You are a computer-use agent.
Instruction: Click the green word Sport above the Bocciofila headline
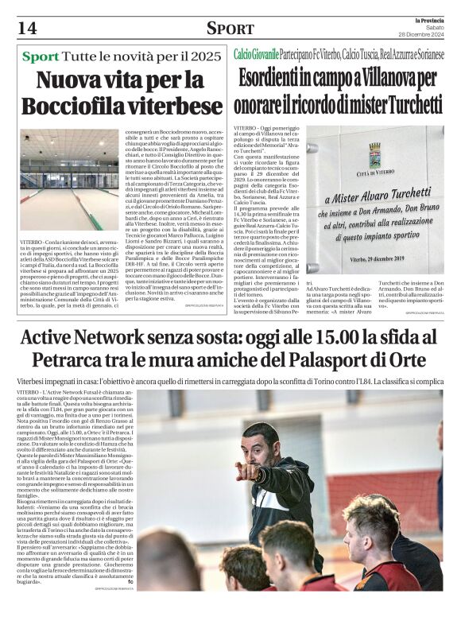41,57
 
